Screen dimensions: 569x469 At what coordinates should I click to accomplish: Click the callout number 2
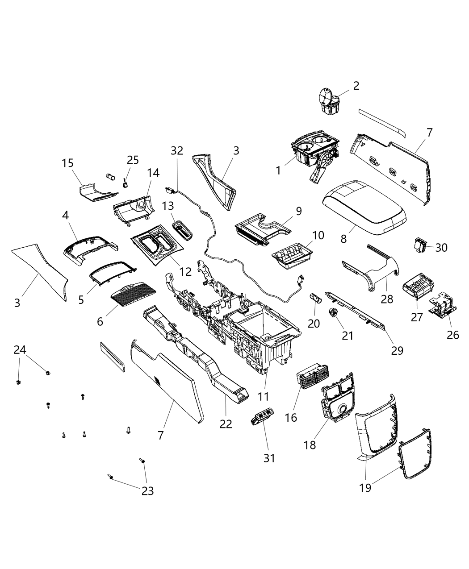[x=356, y=86]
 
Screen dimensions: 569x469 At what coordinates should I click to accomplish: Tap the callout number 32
[x=177, y=150]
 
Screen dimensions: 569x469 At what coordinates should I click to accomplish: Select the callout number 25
[x=133, y=160]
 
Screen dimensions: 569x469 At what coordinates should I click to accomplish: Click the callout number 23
[x=147, y=490]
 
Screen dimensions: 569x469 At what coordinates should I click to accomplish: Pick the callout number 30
[x=441, y=247]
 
